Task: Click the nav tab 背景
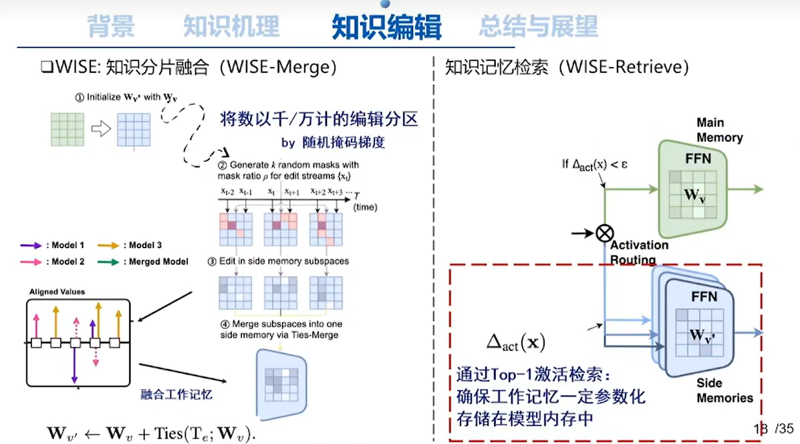point(111,27)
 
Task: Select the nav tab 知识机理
point(231,27)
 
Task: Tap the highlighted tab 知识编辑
point(386,27)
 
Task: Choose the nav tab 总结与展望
point(538,27)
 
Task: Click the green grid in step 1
point(67,129)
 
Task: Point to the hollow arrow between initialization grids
point(100,129)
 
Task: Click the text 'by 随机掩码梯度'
point(334,142)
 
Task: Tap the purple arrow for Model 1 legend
point(31,245)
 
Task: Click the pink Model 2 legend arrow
point(31,261)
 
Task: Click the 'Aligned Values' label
point(57,292)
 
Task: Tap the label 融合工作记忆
point(176,394)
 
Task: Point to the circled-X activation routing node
point(604,233)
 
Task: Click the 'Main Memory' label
point(719,130)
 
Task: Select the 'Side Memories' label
point(724,391)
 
